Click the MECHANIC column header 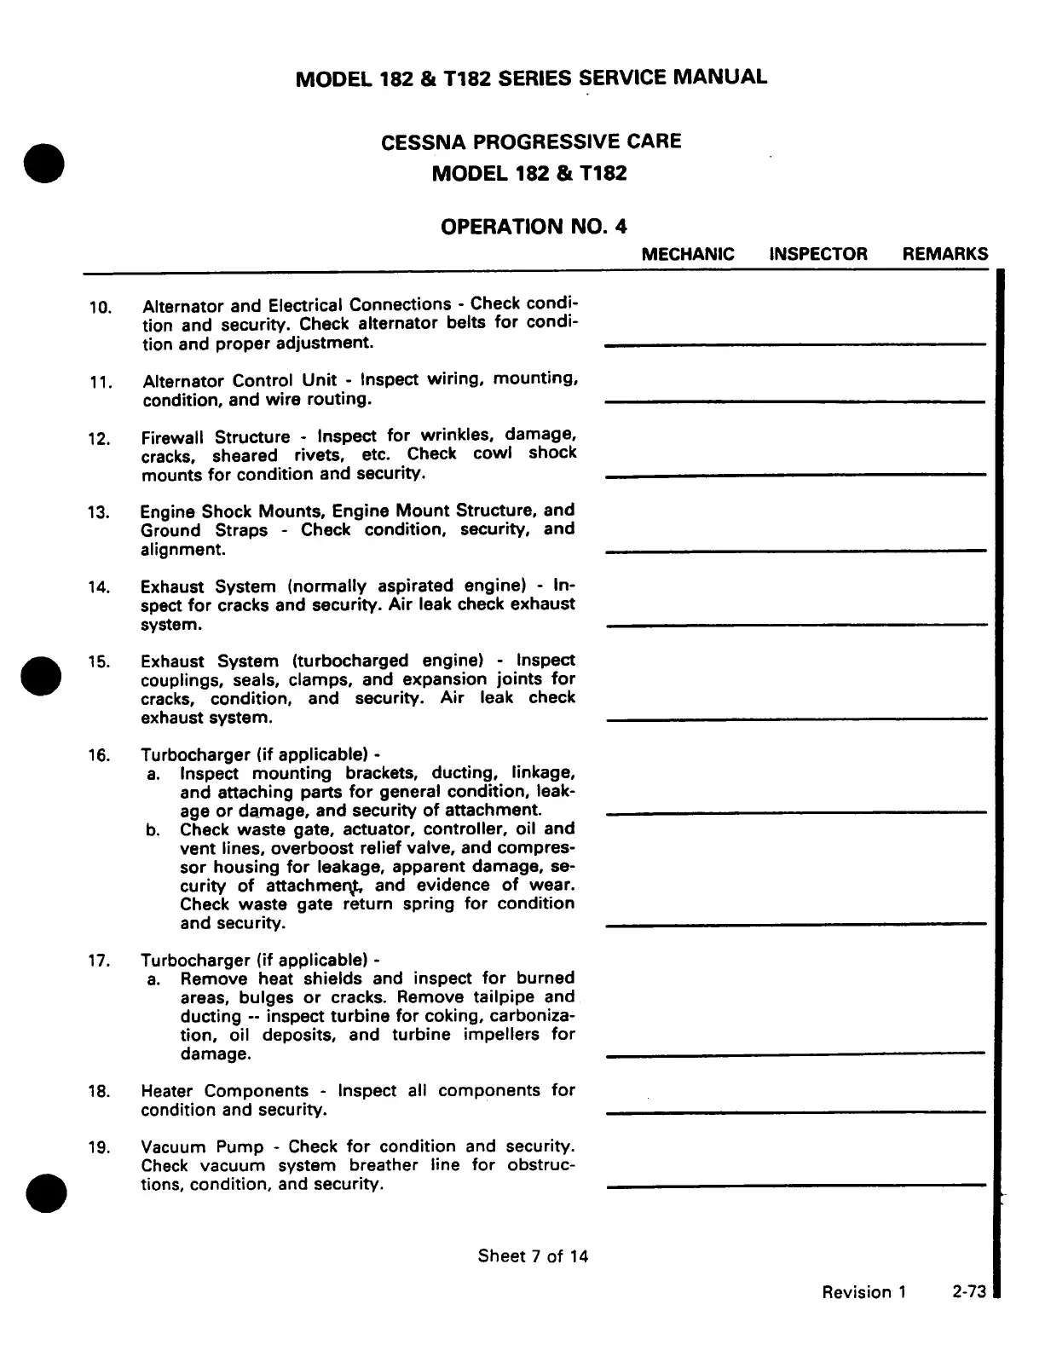687,254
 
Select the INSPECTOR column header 817,254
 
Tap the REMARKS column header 944,254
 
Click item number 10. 100,307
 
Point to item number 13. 99,512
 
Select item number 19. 99,1147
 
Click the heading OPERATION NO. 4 533,227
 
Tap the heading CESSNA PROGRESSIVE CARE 531,141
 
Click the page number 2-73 968,1292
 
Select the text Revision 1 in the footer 863,1292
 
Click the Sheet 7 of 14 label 533,1256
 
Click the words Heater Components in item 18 224,1091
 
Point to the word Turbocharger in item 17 195,960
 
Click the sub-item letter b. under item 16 153,830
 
